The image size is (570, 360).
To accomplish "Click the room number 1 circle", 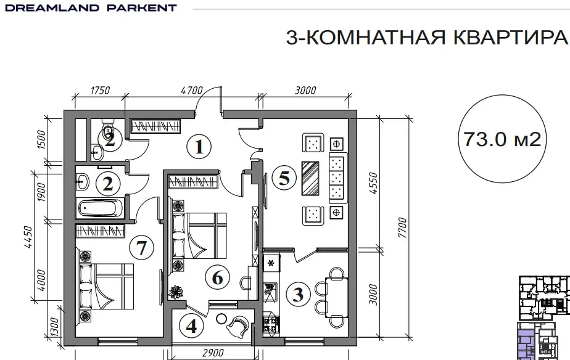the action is tap(199, 147).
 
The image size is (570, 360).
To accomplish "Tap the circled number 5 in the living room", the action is tap(284, 178).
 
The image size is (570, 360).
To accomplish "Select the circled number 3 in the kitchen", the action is tap(298, 294).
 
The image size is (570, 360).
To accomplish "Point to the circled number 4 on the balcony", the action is tap(191, 326).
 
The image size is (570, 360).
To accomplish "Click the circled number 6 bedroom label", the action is tap(217, 278).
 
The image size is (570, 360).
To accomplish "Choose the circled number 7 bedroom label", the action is tap(141, 248).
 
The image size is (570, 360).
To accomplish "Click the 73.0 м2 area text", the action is tap(502, 139).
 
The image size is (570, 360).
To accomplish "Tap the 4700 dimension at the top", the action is tap(192, 90).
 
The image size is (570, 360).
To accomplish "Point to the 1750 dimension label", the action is tap(99, 90).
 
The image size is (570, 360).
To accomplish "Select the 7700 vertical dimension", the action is tap(402, 227).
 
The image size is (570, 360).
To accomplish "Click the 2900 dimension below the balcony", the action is tap(213, 353).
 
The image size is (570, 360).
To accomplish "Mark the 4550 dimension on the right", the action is tap(374, 183).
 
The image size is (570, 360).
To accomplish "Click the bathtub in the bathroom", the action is tap(99, 208).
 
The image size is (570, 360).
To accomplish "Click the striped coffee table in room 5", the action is tap(310, 178).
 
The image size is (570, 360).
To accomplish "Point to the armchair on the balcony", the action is tap(238, 326).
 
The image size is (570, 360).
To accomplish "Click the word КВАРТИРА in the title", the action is tap(511, 37).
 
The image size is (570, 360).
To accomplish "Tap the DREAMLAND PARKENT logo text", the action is tap(91, 7).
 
